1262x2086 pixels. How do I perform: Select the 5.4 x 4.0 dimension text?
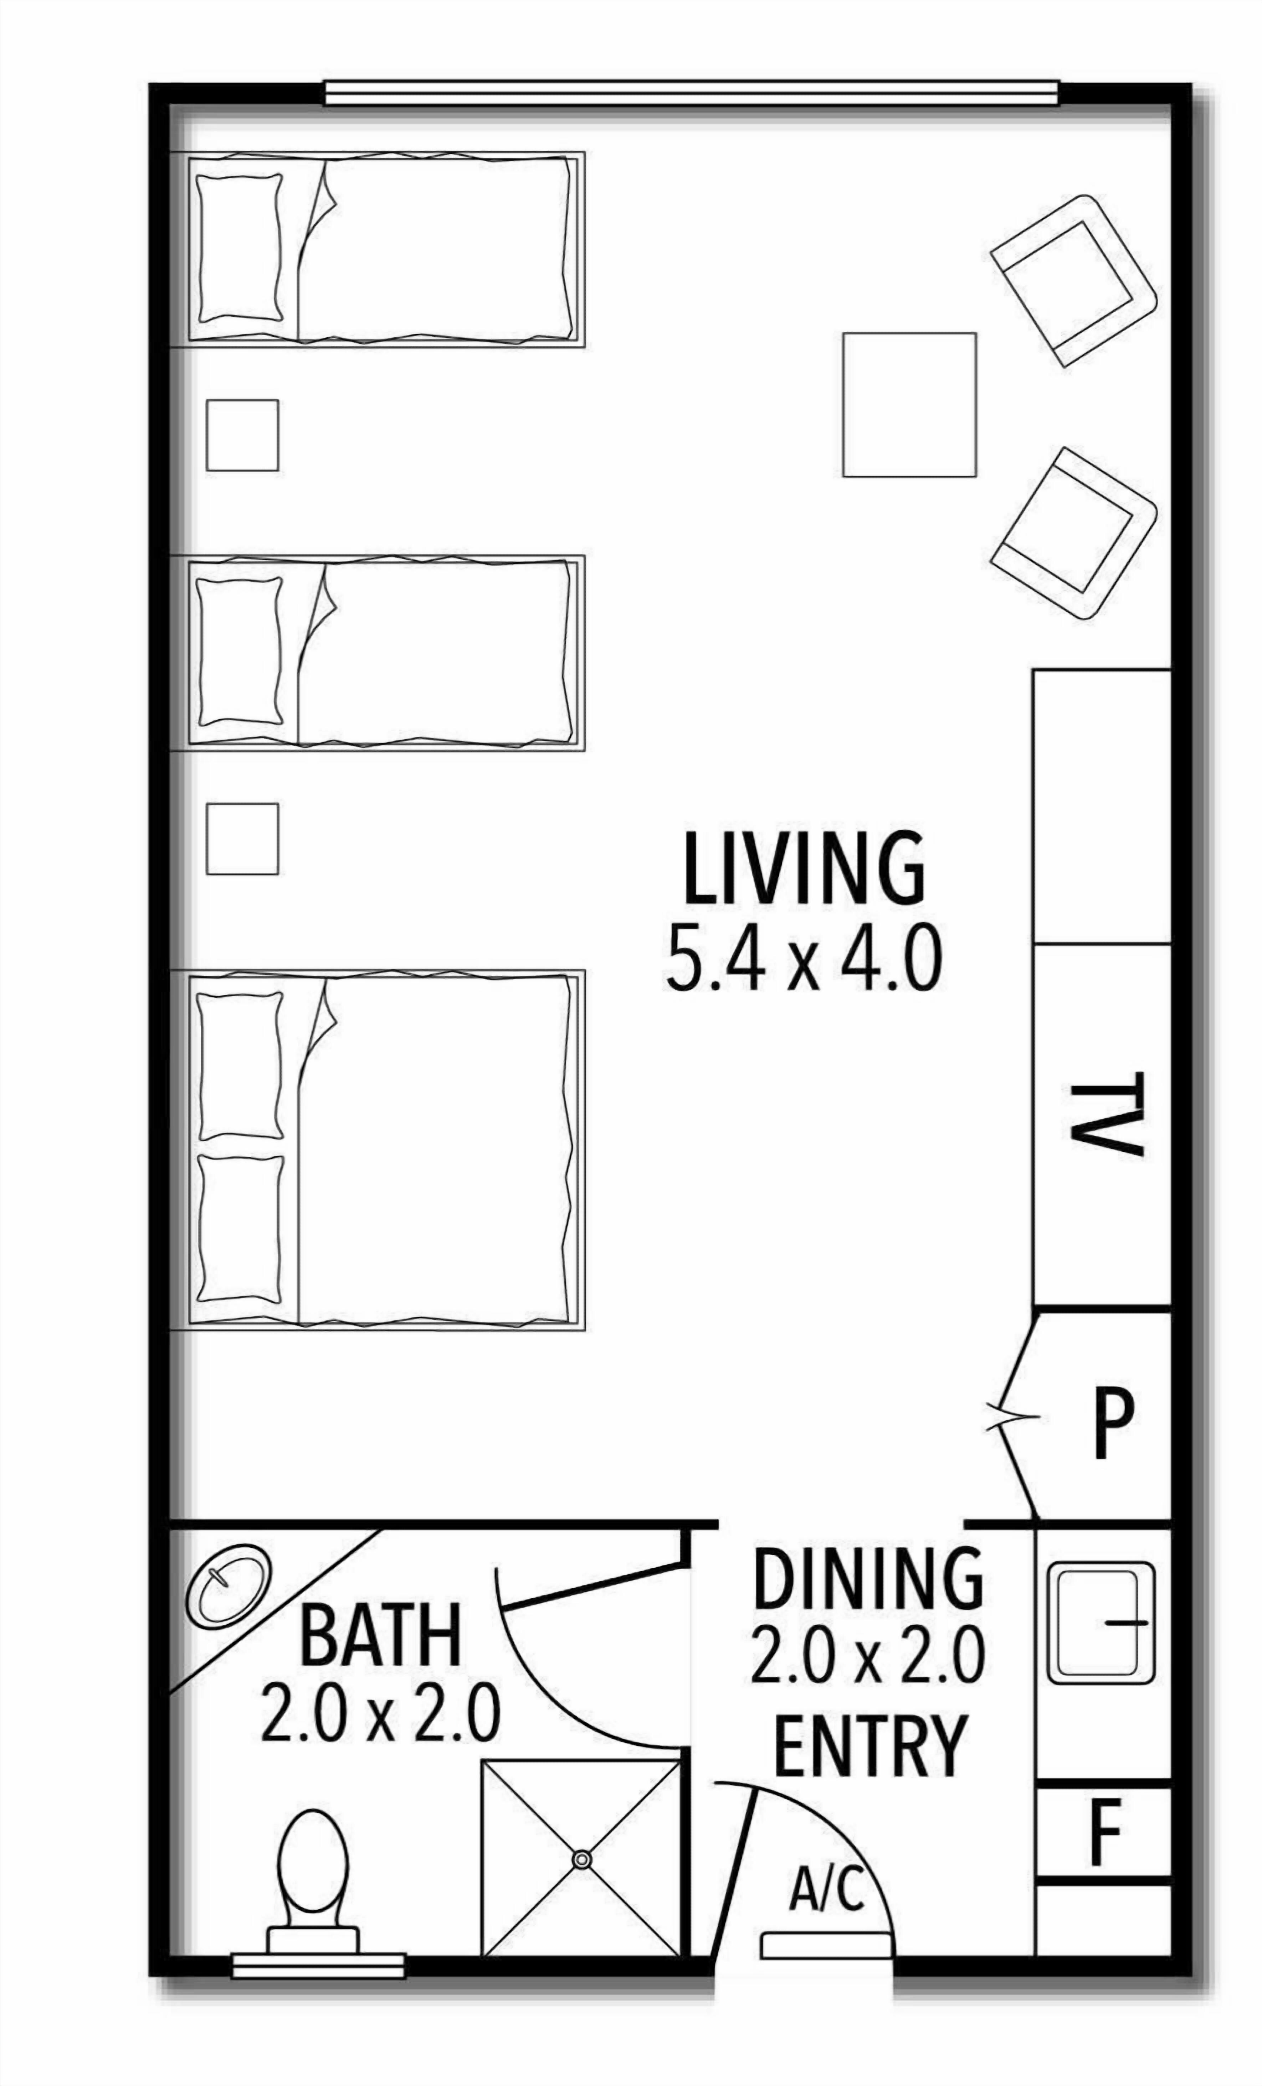[x=803, y=958]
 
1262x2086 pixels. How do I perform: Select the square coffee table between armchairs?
[x=909, y=404]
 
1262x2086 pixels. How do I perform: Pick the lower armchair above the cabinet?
[x=1074, y=533]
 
